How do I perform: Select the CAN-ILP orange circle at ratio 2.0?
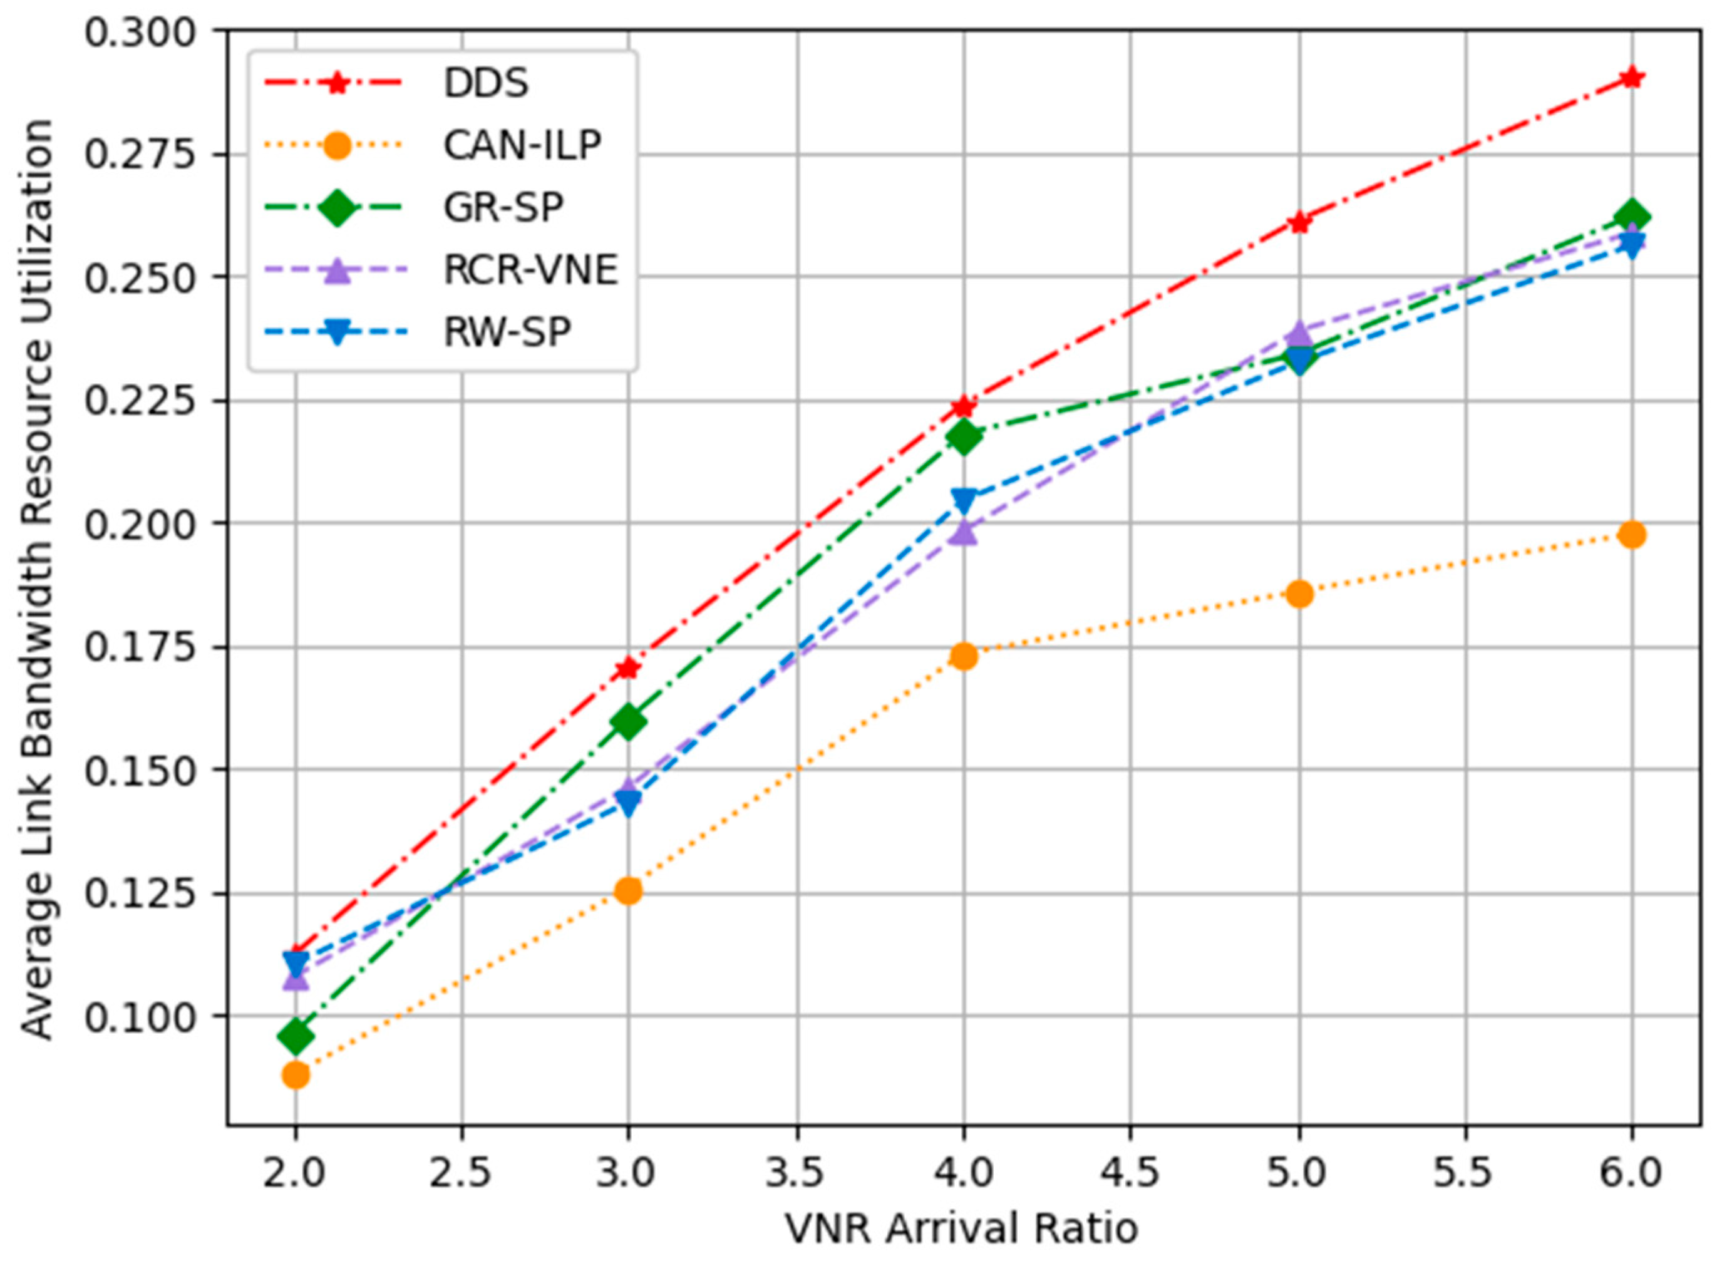click(296, 1075)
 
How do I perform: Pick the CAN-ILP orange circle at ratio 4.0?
click(964, 656)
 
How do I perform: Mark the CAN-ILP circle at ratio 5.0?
click(1299, 593)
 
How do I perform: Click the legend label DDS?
click(486, 83)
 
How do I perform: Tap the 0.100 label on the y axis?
click(140, 1016)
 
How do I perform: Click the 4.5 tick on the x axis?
click(1130, 1173)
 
